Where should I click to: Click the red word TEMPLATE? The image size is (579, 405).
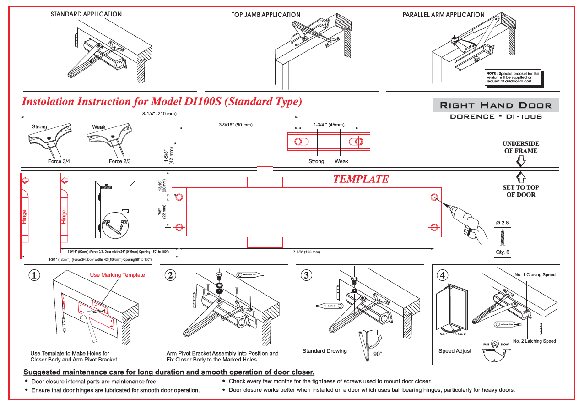tap(361, 179)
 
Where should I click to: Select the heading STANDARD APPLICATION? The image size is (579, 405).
tap(86, 14)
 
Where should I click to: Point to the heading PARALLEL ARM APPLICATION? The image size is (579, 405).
tap(443, 15)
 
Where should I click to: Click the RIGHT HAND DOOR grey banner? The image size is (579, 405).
tap(496, 105)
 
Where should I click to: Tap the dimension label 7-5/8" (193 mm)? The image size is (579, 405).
tap(307, 252)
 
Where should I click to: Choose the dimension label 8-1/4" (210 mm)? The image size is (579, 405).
tap(159, 114)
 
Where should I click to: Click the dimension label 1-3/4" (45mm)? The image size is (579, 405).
tap(329, 125)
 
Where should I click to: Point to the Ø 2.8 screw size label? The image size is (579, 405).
tap(502, 223)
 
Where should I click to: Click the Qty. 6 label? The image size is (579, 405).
tap(502, 252)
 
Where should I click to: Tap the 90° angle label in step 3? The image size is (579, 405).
tap(378, 354)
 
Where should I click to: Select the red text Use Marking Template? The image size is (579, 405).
tap(117, 275)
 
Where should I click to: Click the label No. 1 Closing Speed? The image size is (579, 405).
tap(535, 275)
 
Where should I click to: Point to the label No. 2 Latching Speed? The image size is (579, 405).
tap(534, 341)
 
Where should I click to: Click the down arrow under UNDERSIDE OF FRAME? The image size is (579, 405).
tap(520, 161)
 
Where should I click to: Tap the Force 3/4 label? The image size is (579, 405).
tap(59, 161)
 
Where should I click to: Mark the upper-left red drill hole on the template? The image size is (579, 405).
tap(179, 197)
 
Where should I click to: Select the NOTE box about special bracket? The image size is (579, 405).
tap(512, 77)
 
